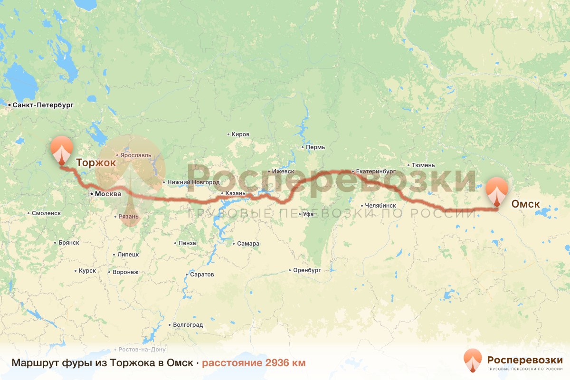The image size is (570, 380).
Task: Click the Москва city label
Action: click(x=108, y=194)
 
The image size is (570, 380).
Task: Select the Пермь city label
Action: click(x=315, y=147)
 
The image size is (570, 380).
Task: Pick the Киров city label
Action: click(x=240, y=134)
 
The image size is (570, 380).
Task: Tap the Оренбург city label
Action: click(x=307, y=270)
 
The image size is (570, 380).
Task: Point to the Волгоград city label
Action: click(x=188, y=325)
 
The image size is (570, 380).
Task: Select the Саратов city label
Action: click(x=201, y=275)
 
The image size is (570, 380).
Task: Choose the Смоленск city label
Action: click(x=47, y=213)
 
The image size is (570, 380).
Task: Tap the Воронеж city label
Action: click(x=125, y=273)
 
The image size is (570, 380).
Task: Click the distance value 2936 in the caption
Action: click(x=278, y=363)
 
